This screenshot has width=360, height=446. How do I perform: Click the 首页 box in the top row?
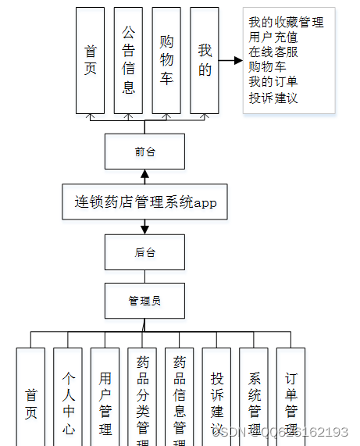(90, 61)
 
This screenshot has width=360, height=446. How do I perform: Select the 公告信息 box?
(128, 61)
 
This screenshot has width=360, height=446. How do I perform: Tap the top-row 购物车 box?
(166, 61)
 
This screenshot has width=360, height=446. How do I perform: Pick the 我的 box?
(205, 61)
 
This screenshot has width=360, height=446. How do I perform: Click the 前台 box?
(144, 152)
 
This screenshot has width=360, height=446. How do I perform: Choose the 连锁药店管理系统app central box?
(145, 203)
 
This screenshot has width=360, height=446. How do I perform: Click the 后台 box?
(144, 252)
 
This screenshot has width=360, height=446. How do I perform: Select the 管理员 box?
(144, 301)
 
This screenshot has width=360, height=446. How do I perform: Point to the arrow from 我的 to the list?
(230, 60)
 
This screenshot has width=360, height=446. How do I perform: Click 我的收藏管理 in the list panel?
(286, 23)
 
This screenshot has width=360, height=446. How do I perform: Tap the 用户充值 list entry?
(273, 37)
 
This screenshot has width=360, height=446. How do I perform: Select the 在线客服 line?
(273, 52)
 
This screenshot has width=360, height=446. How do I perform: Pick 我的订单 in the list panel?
(273, 82)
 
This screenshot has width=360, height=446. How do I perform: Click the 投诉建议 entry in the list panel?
(273, 98)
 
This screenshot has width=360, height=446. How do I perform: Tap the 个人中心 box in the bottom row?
(68, 398)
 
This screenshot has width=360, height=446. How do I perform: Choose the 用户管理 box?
(105, 398)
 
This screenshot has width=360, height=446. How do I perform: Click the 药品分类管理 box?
(142, 398)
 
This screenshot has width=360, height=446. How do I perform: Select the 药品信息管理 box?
(180, 398)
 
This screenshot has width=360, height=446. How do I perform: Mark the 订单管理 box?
(290, 398)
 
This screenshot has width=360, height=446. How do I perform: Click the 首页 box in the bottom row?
(30, 398)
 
